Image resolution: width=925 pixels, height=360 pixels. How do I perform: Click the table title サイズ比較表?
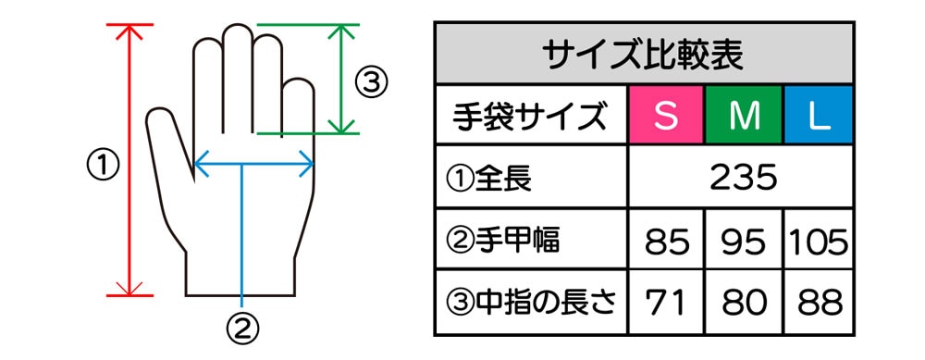click(x=643, y=55)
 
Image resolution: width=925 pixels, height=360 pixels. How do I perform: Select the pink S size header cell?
click(x=667, y=115)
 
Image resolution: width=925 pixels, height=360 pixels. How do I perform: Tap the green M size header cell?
click(x=744, y=115)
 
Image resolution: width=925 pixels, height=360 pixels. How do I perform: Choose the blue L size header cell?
click(x=819, y=115)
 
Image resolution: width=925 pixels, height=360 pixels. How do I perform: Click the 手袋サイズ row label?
click(x=530, y=117)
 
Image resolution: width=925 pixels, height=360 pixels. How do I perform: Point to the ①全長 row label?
click(x=489, y=179)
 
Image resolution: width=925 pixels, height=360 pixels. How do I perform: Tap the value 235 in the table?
click(x=743, y=177)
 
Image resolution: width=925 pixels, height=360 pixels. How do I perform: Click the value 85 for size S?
click(x=667, y=242)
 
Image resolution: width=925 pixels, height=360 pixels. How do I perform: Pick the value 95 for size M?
click(x=743, y=242)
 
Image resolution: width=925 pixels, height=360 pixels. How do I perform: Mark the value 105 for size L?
click(x=819, y=242)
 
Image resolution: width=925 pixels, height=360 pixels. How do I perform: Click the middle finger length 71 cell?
click(x=667, y=303)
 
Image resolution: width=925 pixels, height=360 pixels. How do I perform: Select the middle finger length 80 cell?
click(x=743, y=303)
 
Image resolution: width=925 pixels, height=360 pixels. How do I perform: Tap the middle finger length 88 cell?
click(x=819, y=303)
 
